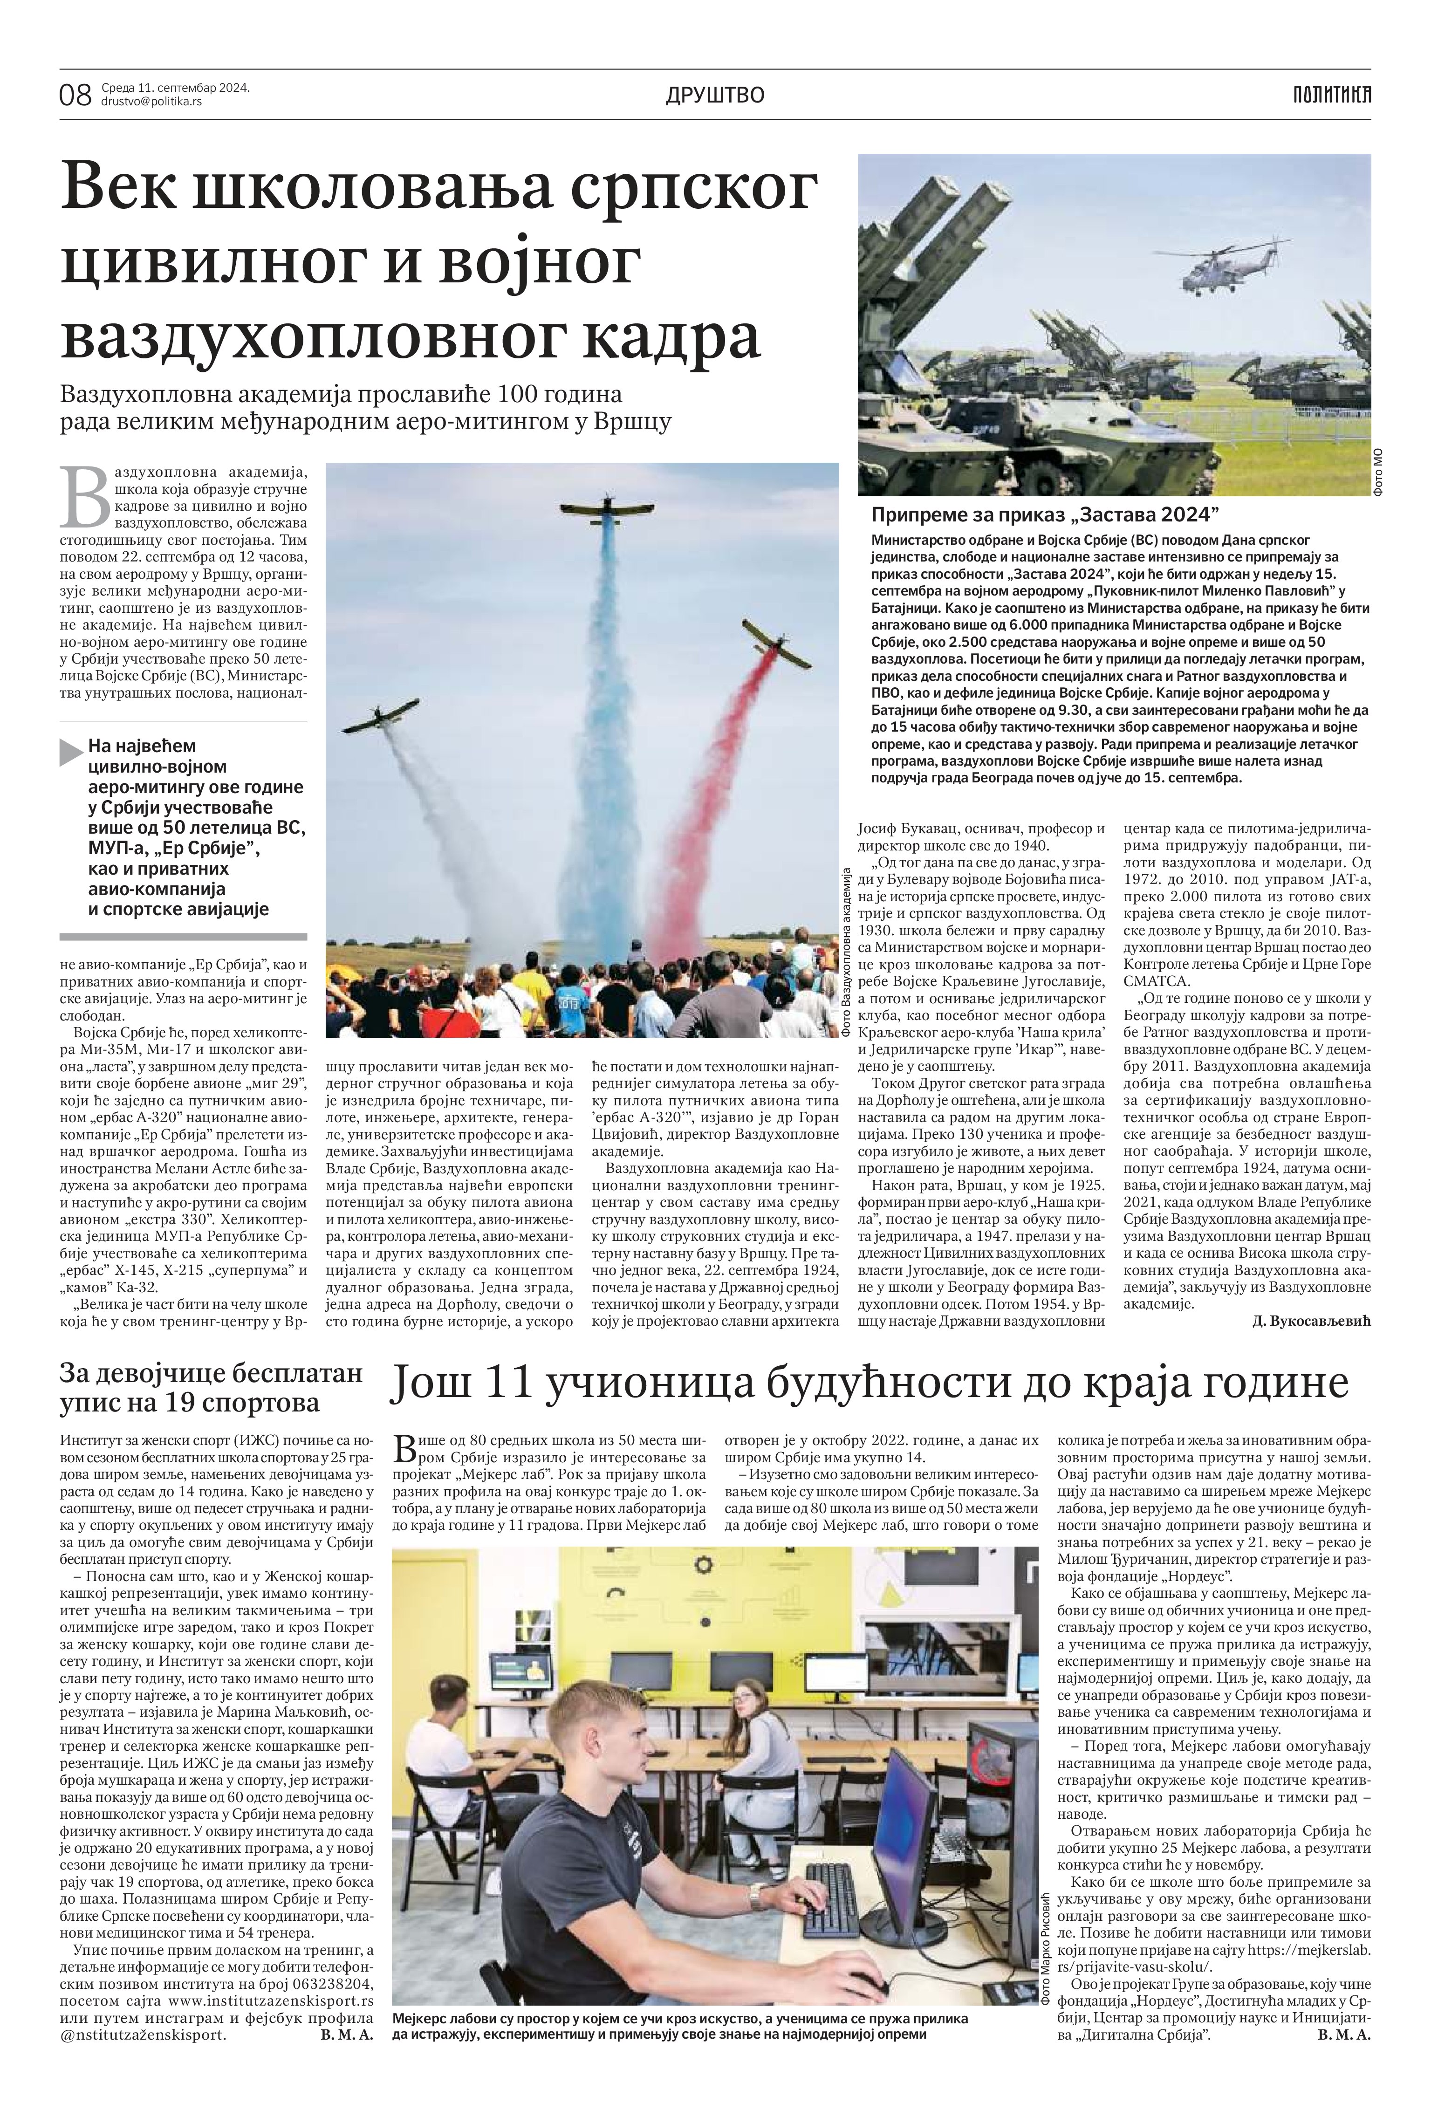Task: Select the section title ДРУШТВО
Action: coord(715,95)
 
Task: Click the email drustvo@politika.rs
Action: coord(151,102)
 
